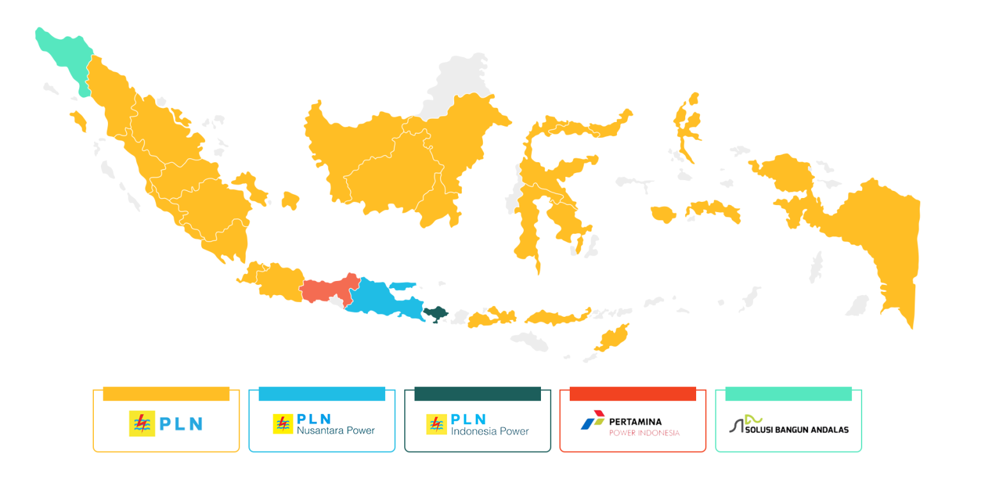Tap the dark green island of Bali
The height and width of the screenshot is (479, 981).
click(436, 314)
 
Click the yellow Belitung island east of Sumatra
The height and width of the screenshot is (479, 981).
click(290, 199)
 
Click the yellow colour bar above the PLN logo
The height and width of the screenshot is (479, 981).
click(166, 394)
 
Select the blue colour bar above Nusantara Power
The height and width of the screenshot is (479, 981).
click(322, 394)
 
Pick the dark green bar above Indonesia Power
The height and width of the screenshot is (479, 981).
click(478, 394)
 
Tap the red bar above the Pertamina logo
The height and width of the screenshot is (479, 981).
click(632, 394)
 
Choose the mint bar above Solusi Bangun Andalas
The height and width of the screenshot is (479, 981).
click(788, 394)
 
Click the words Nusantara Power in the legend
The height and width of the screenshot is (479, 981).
click(336, 430)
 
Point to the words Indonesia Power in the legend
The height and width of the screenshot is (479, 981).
click(490, 431)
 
